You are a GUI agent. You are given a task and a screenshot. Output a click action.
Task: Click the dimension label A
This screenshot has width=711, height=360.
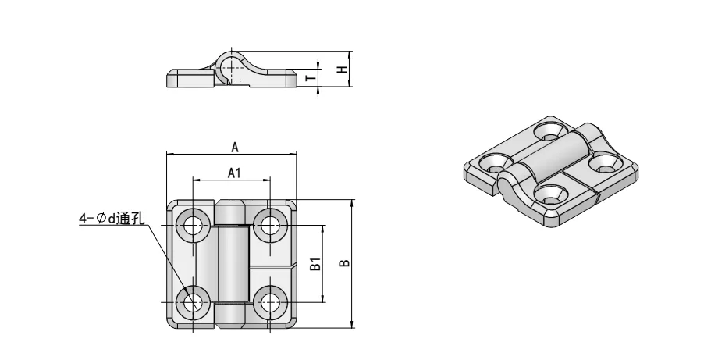tap(233, 145)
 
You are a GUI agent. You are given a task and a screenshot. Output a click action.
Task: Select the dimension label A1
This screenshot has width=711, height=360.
tap(233, 173)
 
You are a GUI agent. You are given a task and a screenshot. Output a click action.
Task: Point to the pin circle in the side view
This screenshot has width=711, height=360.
tap(228, 68)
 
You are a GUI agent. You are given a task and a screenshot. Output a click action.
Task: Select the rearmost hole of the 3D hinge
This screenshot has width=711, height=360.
tap(551, 130)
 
